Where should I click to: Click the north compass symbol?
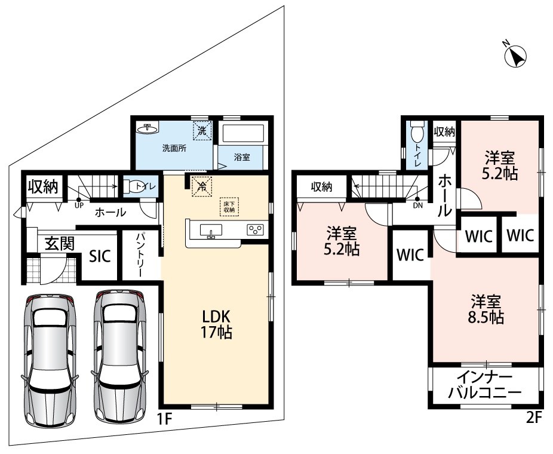tap(515, 56)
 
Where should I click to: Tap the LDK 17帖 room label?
tap(216, 324)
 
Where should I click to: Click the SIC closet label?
tap(100, 256)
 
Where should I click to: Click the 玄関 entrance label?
tap(60, 243)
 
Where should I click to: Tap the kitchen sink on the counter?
tap(211, 231)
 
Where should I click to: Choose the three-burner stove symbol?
tap(256, 229)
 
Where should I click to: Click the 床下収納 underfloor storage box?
tap(229, 206)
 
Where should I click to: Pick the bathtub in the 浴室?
tap(242, 133)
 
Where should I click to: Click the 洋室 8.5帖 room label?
tap(486, 309)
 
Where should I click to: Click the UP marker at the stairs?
tap(79, 203)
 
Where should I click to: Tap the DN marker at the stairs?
tap(418, 202)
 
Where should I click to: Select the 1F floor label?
tap(164, 419)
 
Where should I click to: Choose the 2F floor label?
tap(534, 418)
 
